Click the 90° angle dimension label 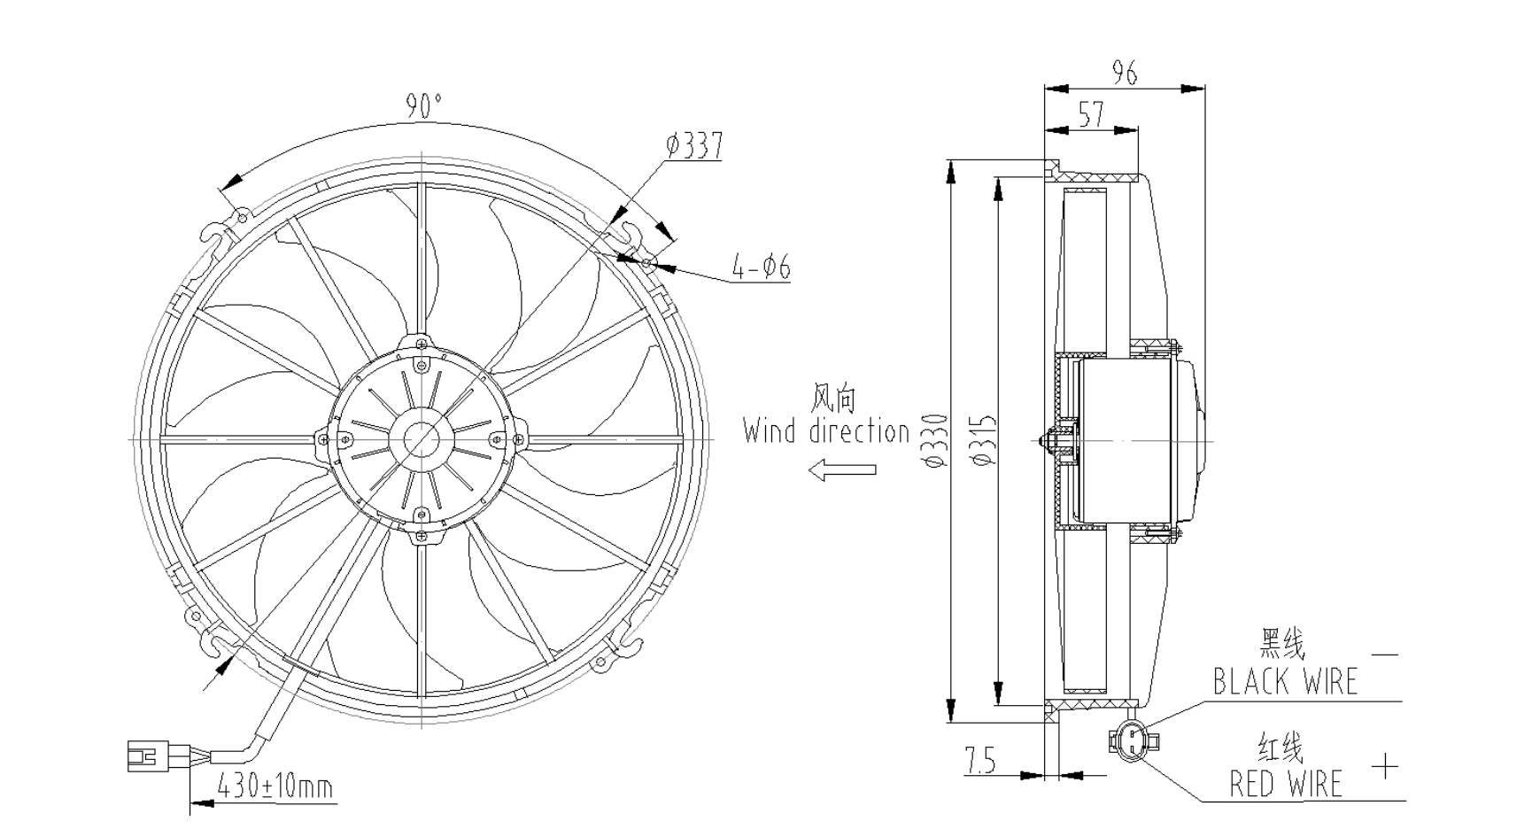point(423,105)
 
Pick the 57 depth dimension point(1091,113)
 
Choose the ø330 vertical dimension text point(936,440)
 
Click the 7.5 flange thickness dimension point(980,760)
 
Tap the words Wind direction point(826,431)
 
